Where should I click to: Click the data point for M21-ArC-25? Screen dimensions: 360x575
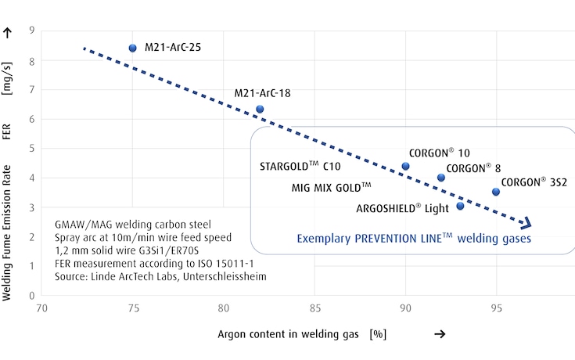[x=132, y=48]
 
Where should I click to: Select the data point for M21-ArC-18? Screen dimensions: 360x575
[x=260, y=110]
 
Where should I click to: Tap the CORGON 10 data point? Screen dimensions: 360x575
[x=405, y=166]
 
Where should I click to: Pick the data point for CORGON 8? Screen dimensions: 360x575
[x=441, y=178]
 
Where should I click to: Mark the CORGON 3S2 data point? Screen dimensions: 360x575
[x=495, y=192]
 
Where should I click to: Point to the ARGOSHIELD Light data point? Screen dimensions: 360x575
[x=460, y=206]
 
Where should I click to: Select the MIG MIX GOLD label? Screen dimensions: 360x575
[x=331, y=188]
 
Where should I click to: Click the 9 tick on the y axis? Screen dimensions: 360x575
[x=33, y=30]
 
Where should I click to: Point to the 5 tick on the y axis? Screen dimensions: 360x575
[x=33, y=148]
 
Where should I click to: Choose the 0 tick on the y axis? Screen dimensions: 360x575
[x=33, y=296]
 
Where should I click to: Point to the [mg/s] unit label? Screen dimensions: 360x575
[x=9, y=77]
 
